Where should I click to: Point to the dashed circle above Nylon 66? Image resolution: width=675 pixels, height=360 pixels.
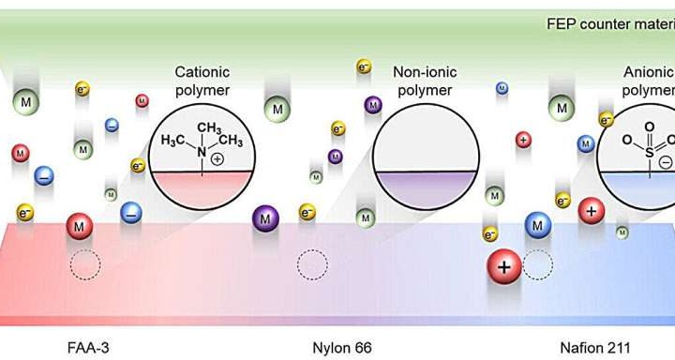(x=312, y=265)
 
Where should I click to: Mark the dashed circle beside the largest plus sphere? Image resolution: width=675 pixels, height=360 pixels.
(x=538, y=265)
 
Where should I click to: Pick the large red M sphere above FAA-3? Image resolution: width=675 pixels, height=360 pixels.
(x=81, y=226)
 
